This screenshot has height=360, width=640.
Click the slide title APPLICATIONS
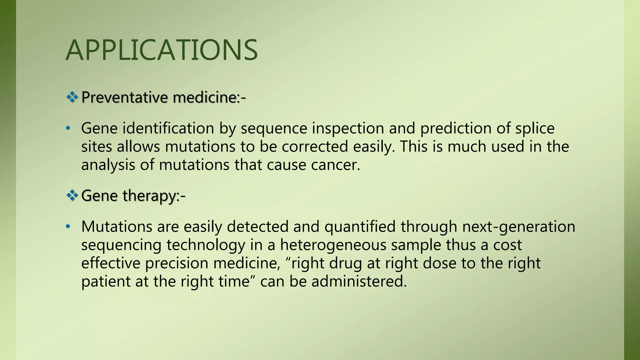pos(162,50)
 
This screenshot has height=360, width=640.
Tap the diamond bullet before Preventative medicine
pos(72,97)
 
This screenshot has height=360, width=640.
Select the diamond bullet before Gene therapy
pos(72,196)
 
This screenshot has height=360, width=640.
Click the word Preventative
pos(124,97)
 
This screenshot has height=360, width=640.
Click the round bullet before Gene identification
pos(68,128)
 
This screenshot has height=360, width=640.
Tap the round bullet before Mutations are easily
pos(68,227)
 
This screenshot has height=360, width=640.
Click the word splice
pos(535,128)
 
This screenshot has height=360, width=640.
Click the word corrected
pos(315,147)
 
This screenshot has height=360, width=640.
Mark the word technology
pos(206,245)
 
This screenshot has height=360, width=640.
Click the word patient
pos(106,281)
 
